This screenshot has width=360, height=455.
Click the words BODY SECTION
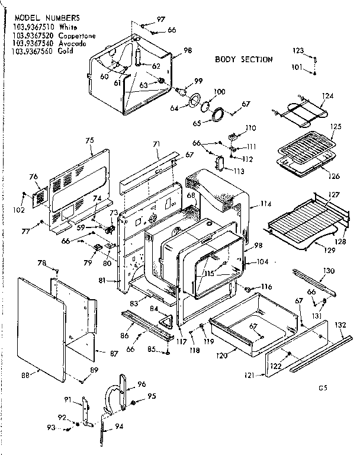(x=243, y=60)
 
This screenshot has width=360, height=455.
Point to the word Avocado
(x=73, y=44)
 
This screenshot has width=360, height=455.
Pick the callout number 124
(x=327, y=96)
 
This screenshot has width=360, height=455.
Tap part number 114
(x=266, y=204)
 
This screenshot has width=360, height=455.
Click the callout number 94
(x=119, y=427)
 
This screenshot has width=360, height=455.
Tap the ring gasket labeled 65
(x=218, y=115)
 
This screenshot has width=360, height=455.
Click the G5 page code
(x=322, y=389)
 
